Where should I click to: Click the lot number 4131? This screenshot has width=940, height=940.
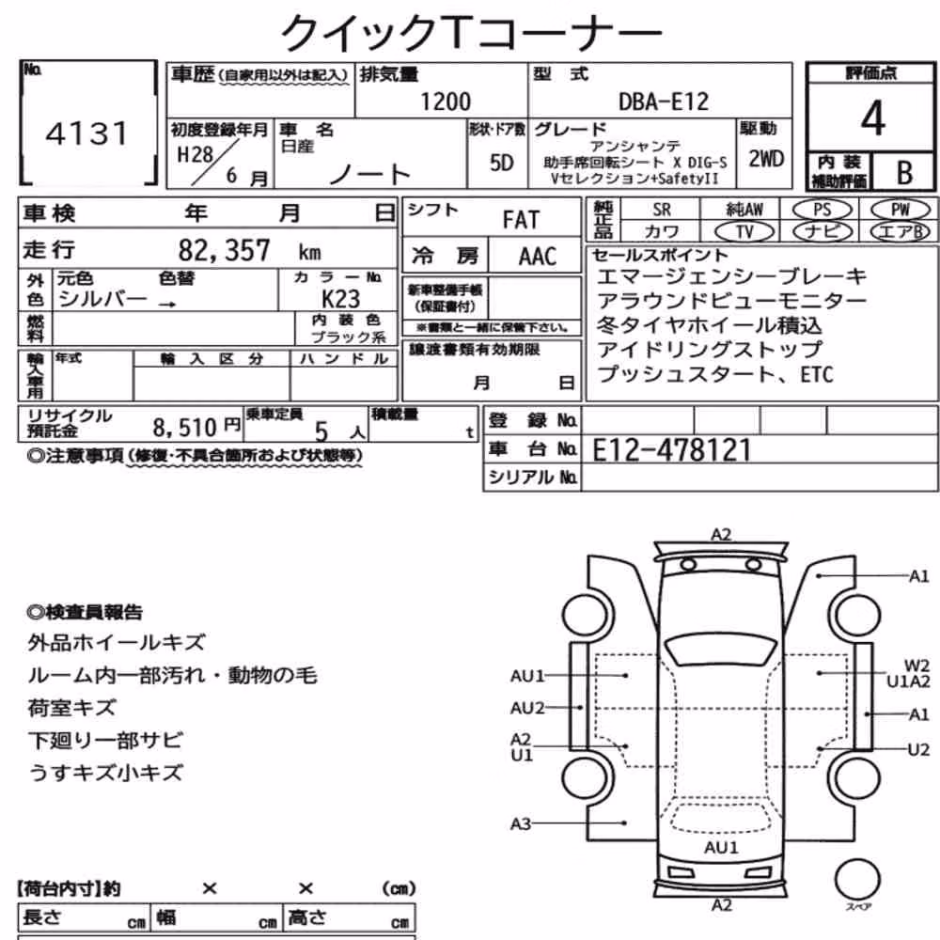pos(86,133)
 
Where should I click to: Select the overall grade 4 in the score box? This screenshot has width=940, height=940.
pos(873,118)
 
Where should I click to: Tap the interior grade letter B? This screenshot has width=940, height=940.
pos(904,173)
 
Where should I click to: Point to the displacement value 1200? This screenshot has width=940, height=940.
pos(446,102)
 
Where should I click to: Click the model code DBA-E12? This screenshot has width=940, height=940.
pos(664,102)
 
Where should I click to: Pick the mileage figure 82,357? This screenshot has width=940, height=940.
pos(225,250)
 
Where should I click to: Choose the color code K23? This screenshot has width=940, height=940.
pos(340,299)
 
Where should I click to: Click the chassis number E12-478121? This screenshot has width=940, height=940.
pos(671,450)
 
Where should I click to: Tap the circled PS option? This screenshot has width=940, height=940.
pos(822,210)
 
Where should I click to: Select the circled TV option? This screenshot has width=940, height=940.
pos(744,231)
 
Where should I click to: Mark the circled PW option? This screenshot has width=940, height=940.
pos(900,210)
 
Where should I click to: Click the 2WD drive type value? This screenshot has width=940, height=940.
pos(766,159)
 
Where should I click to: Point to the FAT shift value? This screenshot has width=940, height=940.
pos(521,220)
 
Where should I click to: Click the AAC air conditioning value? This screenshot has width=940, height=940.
pos(537,257)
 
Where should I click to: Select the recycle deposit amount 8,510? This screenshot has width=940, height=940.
pos(184,428)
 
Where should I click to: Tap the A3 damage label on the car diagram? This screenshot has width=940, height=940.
pos(521,823)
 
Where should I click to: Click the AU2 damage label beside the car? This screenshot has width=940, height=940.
pos(527,708)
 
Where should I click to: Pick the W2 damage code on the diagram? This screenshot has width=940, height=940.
pos(916,666)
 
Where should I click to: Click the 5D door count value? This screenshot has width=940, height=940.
pos(501,163)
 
